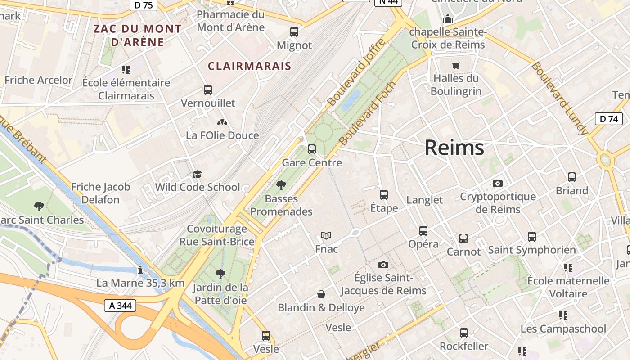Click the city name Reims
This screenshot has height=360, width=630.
454,148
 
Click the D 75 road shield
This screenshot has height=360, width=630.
144,5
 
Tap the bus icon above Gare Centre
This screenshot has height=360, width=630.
311,149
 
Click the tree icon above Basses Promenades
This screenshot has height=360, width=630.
281,185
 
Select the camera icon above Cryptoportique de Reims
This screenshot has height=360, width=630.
497,183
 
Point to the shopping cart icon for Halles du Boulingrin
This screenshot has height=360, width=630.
456,65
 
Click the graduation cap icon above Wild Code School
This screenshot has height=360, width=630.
197,174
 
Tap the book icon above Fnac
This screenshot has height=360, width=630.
326,235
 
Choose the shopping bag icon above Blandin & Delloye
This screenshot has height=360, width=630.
321,294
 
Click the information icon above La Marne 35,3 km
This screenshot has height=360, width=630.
140,270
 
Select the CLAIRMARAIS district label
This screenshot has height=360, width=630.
249,66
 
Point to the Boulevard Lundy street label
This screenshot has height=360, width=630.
560,98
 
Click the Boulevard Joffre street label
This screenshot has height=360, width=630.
356,72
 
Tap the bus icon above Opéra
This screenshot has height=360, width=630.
423,231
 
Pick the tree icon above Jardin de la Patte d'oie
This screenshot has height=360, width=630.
220,274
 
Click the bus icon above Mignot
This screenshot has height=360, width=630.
294,32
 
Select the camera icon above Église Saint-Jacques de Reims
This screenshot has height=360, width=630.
383,265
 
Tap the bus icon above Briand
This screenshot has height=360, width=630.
572,177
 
